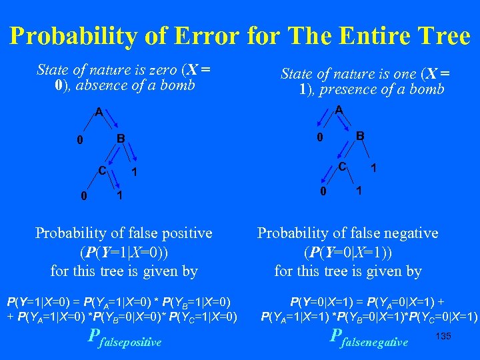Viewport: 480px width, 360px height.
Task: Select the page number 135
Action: click(x=443, y=335)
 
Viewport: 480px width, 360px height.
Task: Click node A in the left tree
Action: click(x=99, y=113)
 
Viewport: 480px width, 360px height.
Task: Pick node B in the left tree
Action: click(x=121, y=139)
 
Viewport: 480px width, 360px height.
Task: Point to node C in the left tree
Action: click(x=102, y=169)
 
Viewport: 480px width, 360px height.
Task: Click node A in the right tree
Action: click(x=339, y=109)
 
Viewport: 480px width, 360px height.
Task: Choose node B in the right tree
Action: click(x=360, y=136)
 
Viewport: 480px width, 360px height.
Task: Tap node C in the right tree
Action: click(x=341, y=166)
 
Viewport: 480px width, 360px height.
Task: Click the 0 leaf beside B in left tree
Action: click(x=79, y=141)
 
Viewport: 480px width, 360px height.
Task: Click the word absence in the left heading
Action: click(x=109, y=85)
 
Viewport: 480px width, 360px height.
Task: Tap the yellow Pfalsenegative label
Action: click(x=369, y=339)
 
